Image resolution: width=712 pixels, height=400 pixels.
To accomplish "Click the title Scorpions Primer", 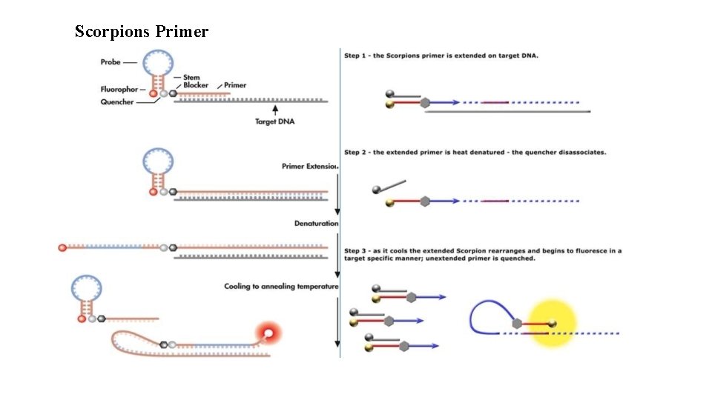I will click(142, 32).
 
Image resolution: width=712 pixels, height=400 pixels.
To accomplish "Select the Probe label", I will click(110, 62).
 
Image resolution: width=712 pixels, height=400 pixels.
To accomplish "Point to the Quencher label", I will click(117, 102).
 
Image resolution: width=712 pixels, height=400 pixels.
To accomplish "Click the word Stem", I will click(191, 77).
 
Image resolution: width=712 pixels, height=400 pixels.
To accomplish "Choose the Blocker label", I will click(196, 85).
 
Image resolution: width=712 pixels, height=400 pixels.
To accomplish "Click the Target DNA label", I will click(276, 121).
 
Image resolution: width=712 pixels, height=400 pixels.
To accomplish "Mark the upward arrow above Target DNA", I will click(276, 110).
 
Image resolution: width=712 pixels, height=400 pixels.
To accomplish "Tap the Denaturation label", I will click(316, 223).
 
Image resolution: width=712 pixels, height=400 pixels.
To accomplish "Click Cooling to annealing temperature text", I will click(281, 287).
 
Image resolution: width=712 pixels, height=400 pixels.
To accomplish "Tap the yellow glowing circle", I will click(552, 324).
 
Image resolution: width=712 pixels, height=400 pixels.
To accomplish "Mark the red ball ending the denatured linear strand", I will click(63, 247).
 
